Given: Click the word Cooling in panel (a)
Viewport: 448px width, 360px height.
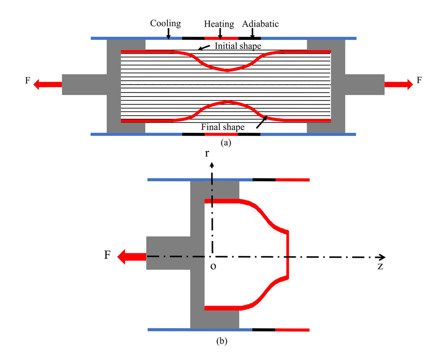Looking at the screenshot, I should pyautogui.click(x=165, y=23).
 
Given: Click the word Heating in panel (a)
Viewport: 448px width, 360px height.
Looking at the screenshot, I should pyautogui.click(x=220, y=24).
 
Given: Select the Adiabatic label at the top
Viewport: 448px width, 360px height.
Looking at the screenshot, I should pyautogui.click(x=260, y=24).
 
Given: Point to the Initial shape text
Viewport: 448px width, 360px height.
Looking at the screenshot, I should pyautogui.click(x=238, y=46).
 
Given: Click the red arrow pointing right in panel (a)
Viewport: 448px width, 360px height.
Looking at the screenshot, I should pyautogui.click(x=399, y=84).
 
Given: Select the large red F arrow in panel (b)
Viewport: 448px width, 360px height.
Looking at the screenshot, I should pyautogui.click(x=132, y=257).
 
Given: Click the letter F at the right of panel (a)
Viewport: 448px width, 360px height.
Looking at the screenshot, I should pyautogui.click(x=419, y=81).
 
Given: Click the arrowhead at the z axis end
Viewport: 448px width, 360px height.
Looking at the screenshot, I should pyautogui.click(x=382, y=257).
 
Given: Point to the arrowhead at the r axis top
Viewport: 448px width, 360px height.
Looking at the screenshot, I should pyautogui.click(x=211, y=164).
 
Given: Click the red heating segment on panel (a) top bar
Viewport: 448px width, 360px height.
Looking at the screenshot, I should pyautogui.click(x=221, y=38).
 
